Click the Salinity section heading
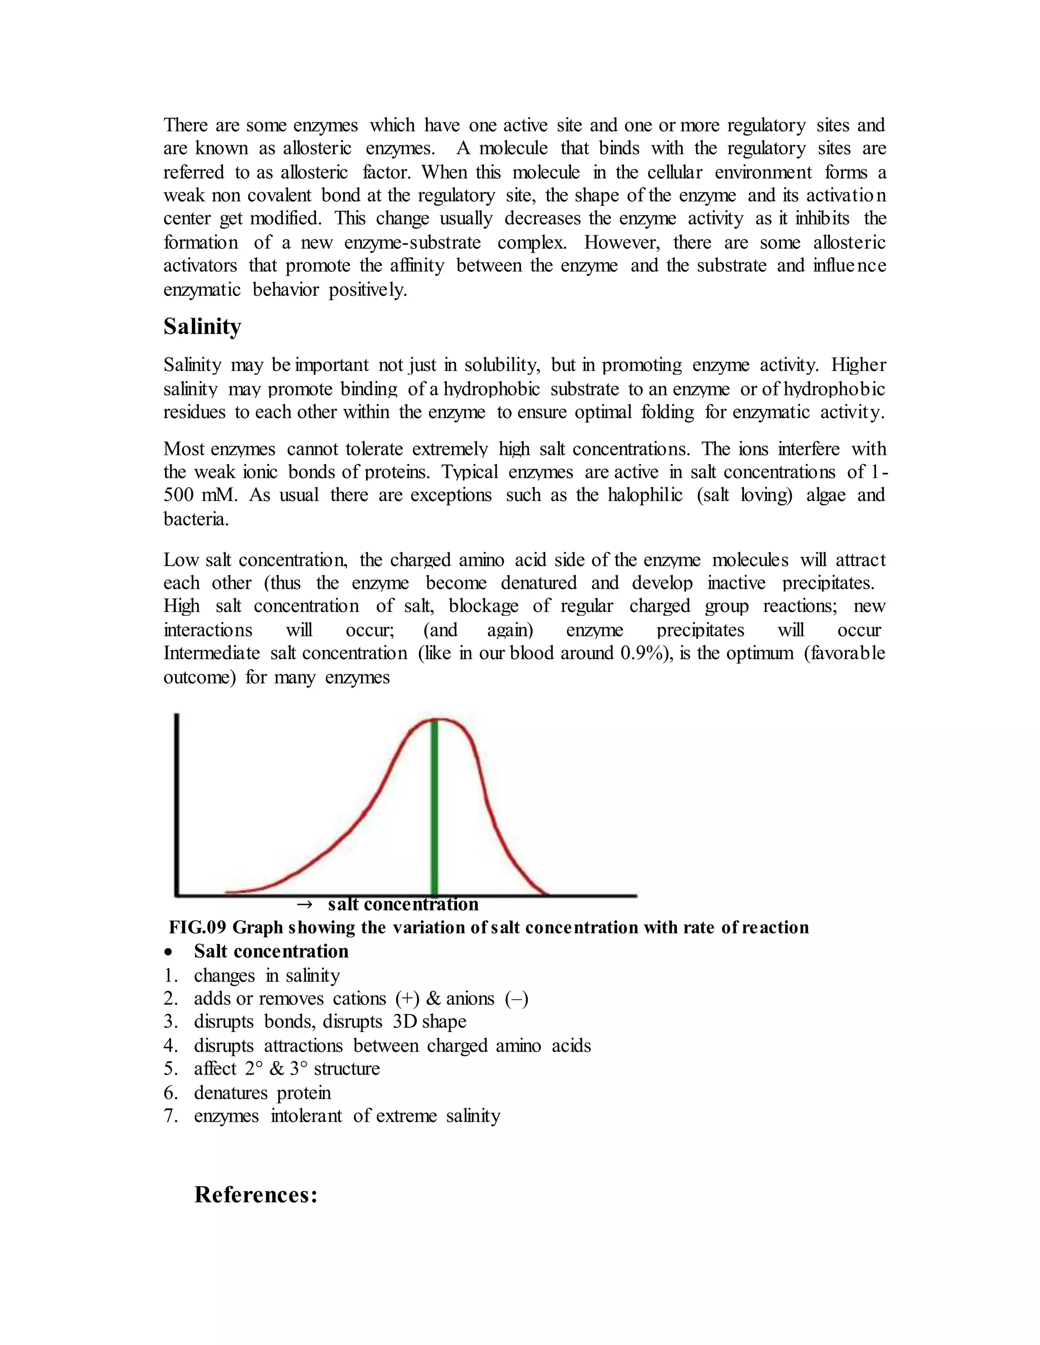(202, 326)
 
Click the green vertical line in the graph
(434, 807)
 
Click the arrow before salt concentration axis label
(304, 904)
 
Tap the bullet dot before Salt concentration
(169, 952)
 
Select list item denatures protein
(263, 1093)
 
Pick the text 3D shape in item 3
(430, 1021)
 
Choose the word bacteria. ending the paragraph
(196, 519)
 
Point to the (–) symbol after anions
(516, 998)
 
